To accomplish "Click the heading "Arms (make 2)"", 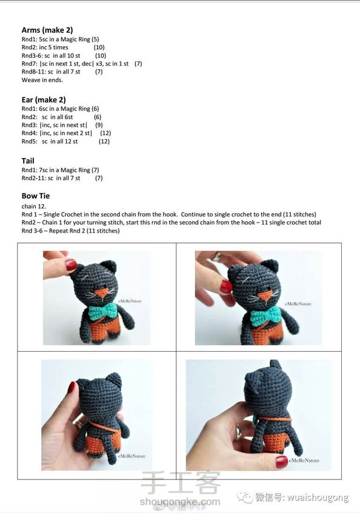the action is pyautogui.click(x=47, y=30).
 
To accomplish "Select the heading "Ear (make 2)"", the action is pyautogui.click(x=44, y=100).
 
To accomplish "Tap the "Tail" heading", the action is pyautogui.click(x=28, y=160).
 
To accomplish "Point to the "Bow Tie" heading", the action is pyautogui.click(x=36, y=196).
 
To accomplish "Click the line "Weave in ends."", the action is pyautogui.click(x=42, y=80).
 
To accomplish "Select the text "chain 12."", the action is pyautogui.click(x=34, y=206).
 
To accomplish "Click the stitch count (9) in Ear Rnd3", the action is pyautogui.click(x=99, y=125).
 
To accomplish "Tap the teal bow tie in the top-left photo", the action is pyautogui.click(x=103, y=310).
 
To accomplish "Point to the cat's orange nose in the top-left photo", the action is pyautogui.click(x=102, y=292).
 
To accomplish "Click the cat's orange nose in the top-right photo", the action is pyautogui.click(x=266, y=296).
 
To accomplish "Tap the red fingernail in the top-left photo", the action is pyautogui.click(x=70, y=264).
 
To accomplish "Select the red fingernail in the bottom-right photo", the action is pyautogui.click(x=281, y=462).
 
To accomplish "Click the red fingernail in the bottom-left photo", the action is pyautogui.click(x=71, y=388).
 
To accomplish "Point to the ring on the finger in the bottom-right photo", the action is pyautogui.click(x=237, y=433).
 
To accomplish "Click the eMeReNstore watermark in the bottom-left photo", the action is pyautogui.click(x=131, y=456).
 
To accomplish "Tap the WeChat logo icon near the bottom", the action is pyautogui.click(x=245, y=496).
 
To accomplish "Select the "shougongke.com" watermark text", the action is pyautogui.click(x=180, y=501).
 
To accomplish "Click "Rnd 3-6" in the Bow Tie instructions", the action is pyautogui.click(x=32, y=231).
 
